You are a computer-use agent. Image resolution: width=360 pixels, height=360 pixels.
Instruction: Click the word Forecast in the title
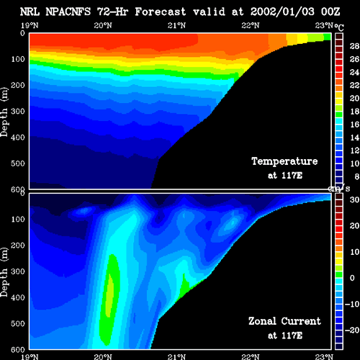tap(161, 12)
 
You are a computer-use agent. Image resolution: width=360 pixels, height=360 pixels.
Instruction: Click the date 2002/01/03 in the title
tap(282, 12)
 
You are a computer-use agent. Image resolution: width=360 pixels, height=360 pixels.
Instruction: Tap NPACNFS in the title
tap(68, 12)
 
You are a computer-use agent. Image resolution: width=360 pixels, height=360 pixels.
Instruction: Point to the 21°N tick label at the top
tap(176, 25)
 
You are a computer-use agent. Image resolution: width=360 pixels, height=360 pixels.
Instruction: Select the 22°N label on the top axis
tap(251, 25)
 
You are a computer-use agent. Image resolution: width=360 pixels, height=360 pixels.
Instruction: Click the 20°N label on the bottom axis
tap(103, 356)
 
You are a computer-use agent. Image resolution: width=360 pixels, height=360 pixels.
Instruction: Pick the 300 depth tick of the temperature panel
tap(18, 111)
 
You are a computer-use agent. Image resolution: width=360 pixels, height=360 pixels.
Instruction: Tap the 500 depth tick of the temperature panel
tap(18, 163)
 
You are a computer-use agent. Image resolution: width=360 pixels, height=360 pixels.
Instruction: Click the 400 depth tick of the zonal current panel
tap(18, 297)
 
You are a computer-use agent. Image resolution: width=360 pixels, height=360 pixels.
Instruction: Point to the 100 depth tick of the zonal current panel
tap(18, 219)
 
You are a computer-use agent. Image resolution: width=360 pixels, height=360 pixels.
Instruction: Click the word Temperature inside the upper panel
tap(284, 161)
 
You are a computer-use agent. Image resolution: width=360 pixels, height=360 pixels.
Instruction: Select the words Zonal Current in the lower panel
tap(284, 321)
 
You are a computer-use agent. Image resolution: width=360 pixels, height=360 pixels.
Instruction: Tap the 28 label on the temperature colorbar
tap(354, 46)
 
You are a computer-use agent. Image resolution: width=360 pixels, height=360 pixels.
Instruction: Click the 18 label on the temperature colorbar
tap(354, 112)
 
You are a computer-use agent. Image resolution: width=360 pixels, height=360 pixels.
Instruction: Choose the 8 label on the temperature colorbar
tap(356, 176)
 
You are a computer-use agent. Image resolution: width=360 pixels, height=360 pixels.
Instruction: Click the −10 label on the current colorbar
tap(352, 304)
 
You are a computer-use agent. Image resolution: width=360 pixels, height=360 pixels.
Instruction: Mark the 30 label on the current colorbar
tap(354, 199)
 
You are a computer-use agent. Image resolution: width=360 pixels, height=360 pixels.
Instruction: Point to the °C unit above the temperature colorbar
tap(339, 27)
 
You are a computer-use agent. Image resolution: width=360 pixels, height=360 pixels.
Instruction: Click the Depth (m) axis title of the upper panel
tap(4, 112)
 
